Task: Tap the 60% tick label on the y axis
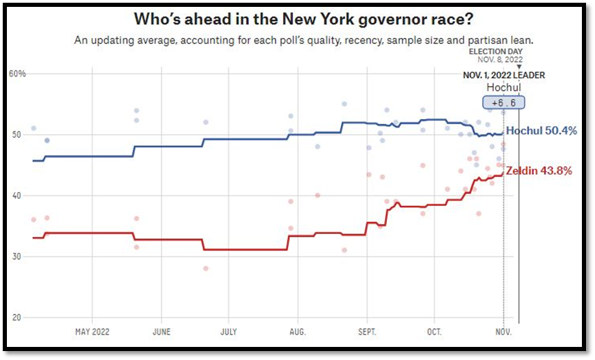tap(17, 74)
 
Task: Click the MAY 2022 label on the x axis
tap(92, 332)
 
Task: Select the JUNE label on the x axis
tap(161, 332)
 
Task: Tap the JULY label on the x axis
tap(229, 332)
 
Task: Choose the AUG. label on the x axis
tap(297, 332)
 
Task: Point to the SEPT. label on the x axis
tap(367, 332)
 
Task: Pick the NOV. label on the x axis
tap(503, 332)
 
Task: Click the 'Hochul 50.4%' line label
tap(541, 131)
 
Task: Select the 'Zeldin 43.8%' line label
tap(539, 171)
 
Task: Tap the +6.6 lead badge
tap(503, 103)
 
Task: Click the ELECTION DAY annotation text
tap(495, 52)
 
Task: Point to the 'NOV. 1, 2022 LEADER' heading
tap(503, 75)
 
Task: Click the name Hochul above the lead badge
tap(503, 87)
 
